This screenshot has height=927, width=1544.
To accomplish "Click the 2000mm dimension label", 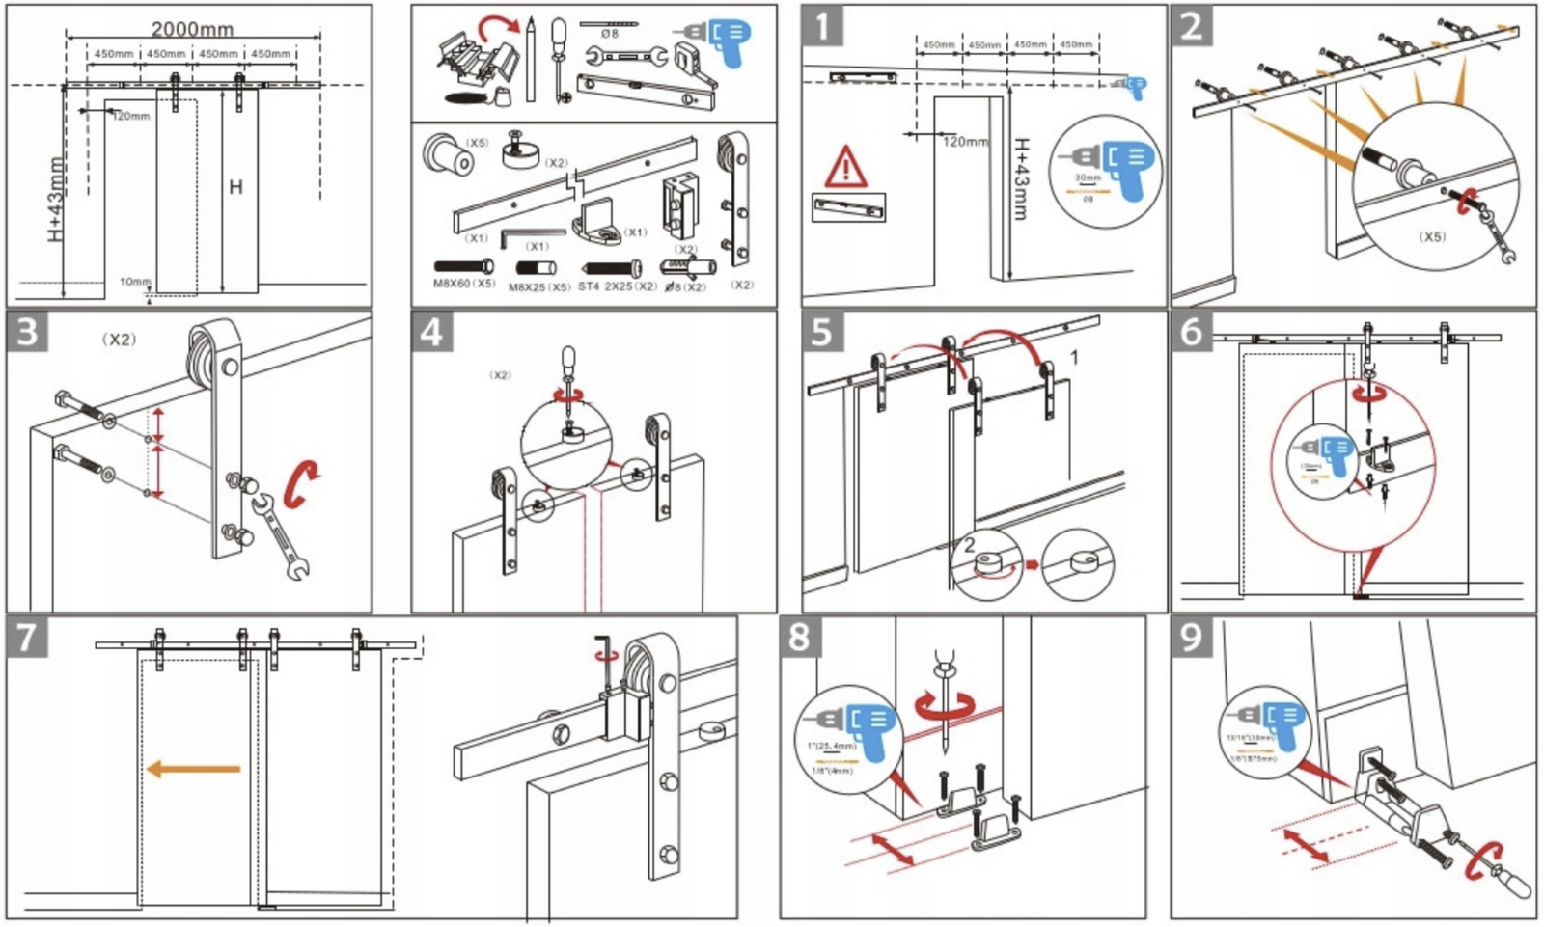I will pos(192,29).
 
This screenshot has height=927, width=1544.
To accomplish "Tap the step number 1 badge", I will pos(822,26).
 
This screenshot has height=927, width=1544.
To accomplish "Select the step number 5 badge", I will pos(821,332).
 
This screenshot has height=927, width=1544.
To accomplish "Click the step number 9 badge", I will pos(1192,638).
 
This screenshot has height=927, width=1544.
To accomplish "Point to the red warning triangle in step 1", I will pos(845,167).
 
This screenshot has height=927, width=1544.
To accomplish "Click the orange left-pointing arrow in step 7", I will pos(193,769).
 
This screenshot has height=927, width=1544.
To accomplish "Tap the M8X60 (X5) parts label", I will pos(464,284).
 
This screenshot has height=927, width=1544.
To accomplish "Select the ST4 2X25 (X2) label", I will pos(618,286).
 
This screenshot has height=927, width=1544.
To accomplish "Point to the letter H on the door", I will pos(235,186).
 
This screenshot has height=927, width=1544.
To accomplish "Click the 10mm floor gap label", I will pos(135,282).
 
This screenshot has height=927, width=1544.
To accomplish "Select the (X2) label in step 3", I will pos(120,340).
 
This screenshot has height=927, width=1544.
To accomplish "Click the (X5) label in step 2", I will pos(1432,236).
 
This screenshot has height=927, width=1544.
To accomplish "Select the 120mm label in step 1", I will pos(965,142).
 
